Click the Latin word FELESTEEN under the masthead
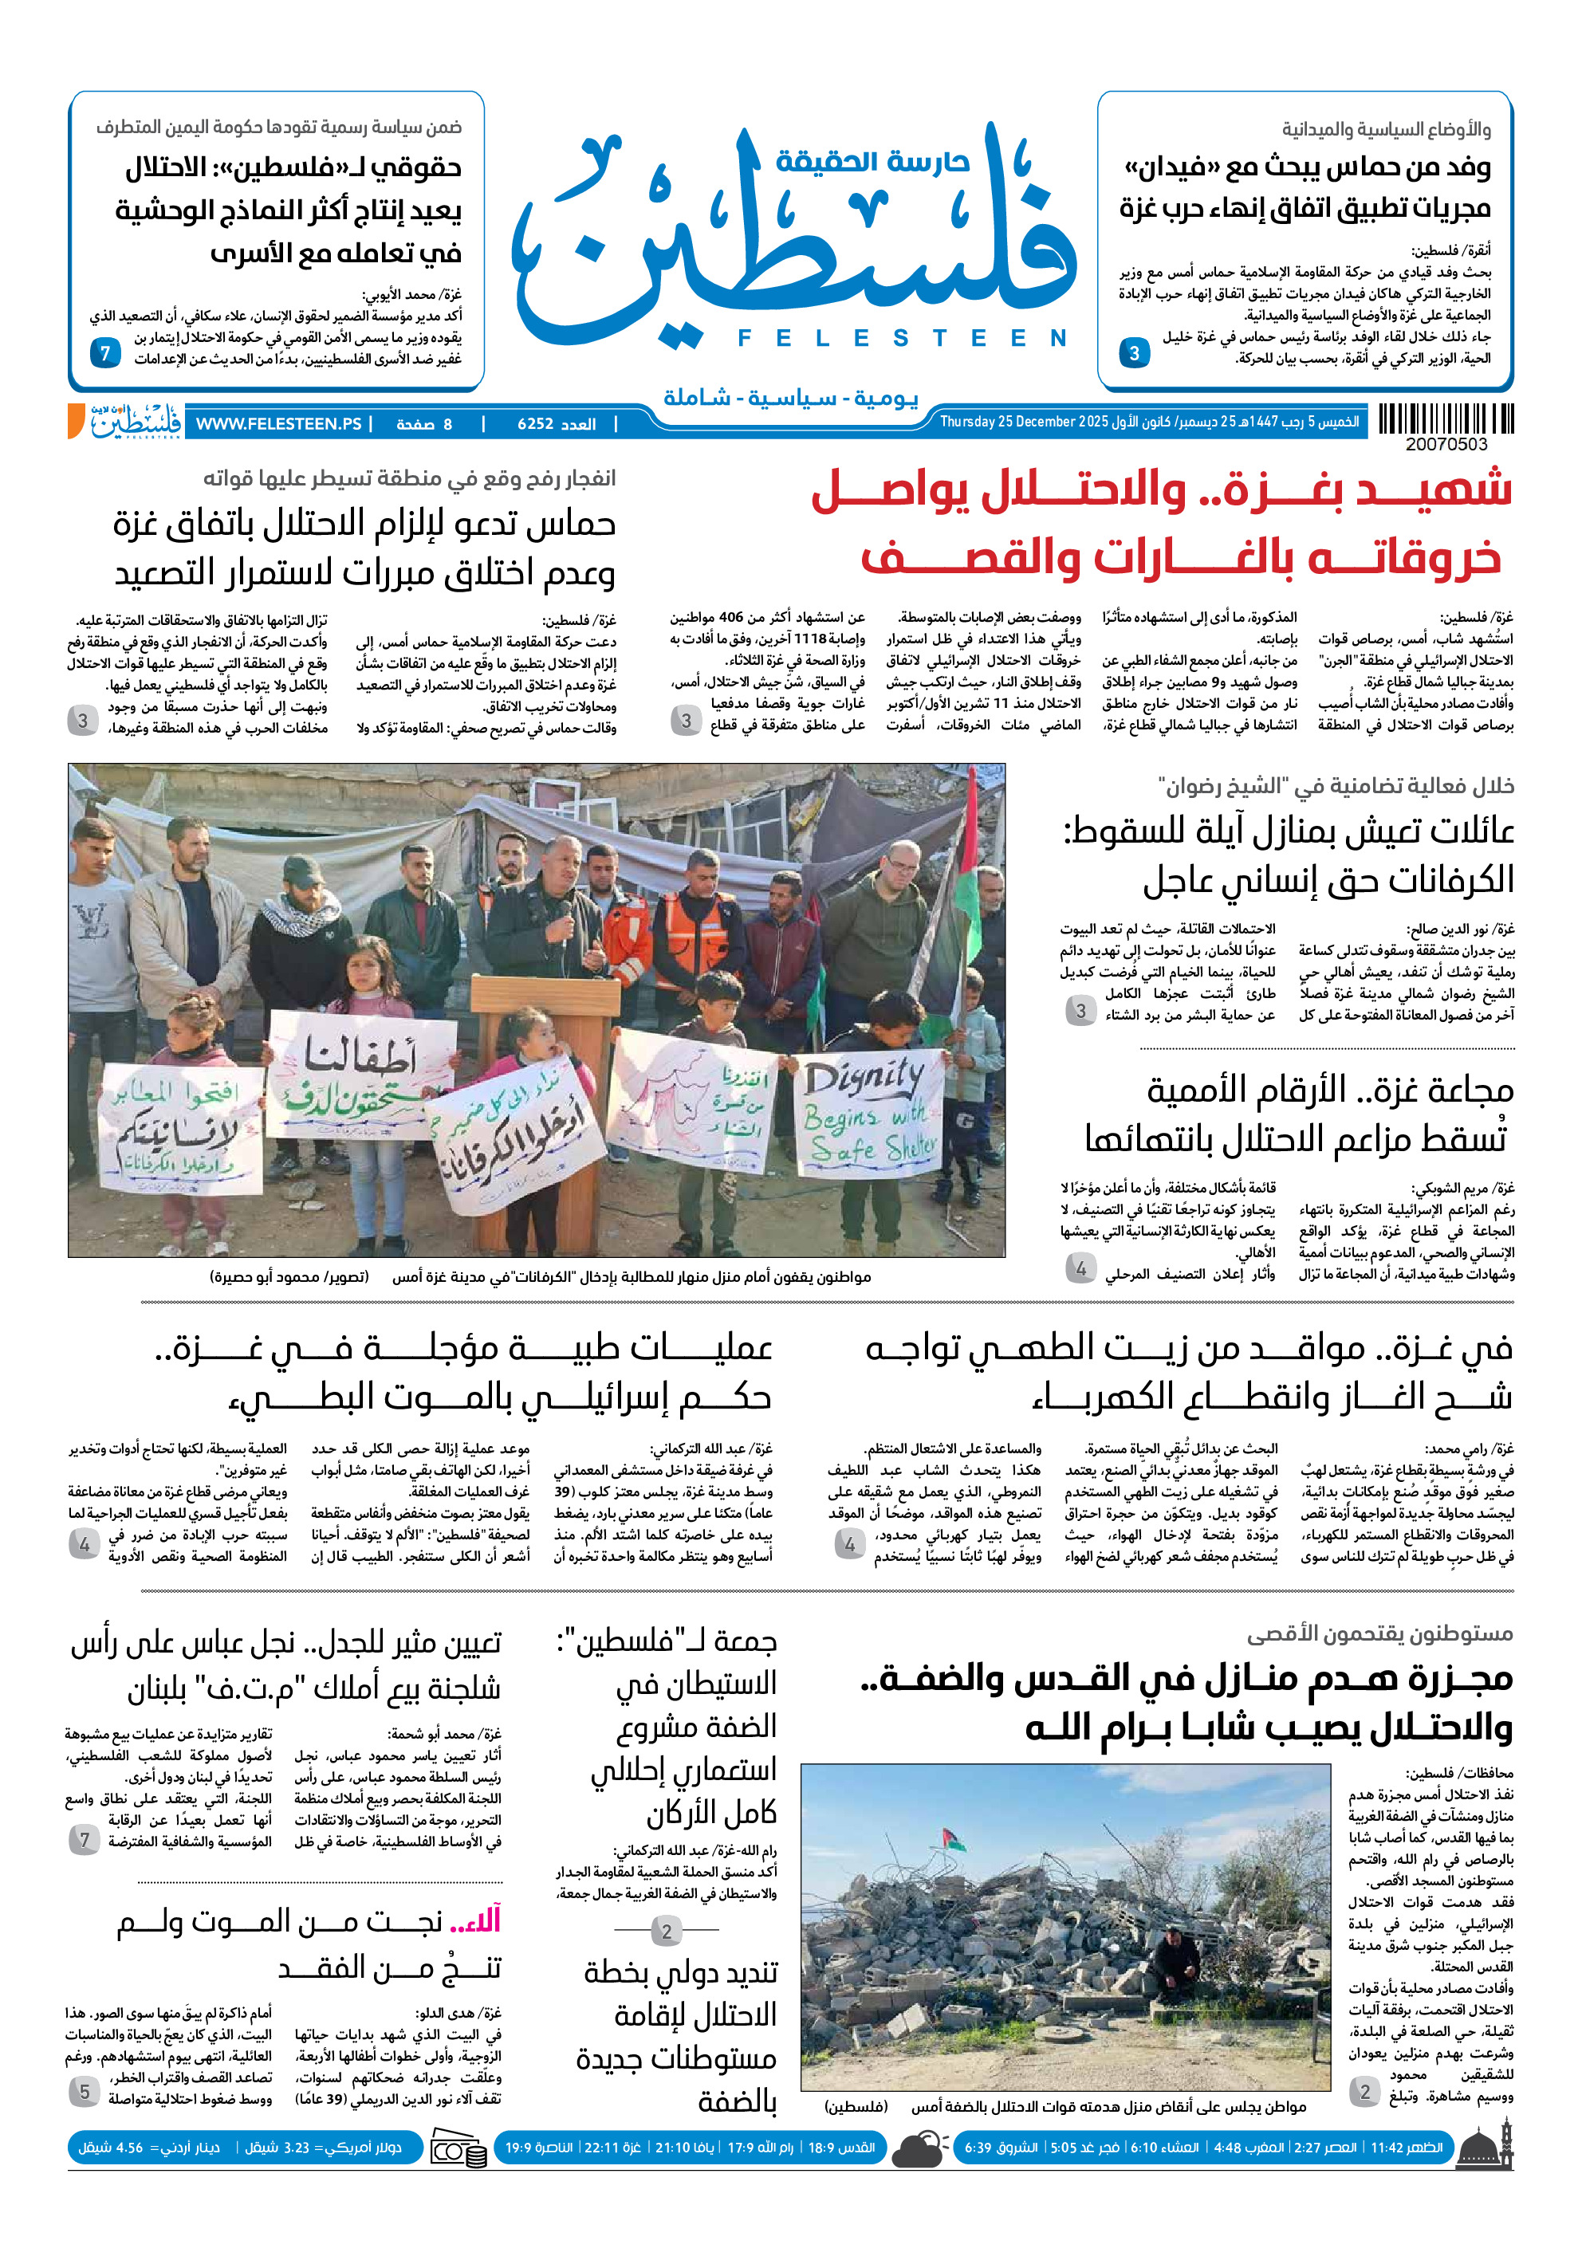point(902,339)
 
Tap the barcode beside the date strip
point(1445,419)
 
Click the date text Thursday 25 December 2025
point(1024,423)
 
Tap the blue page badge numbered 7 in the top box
point(105,352)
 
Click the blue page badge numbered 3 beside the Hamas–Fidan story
point(1134,352)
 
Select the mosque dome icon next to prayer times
point(1486,2147)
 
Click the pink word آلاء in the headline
point(475,1920)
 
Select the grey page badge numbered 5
point(85,2092)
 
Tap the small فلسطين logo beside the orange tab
point(136,421)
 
